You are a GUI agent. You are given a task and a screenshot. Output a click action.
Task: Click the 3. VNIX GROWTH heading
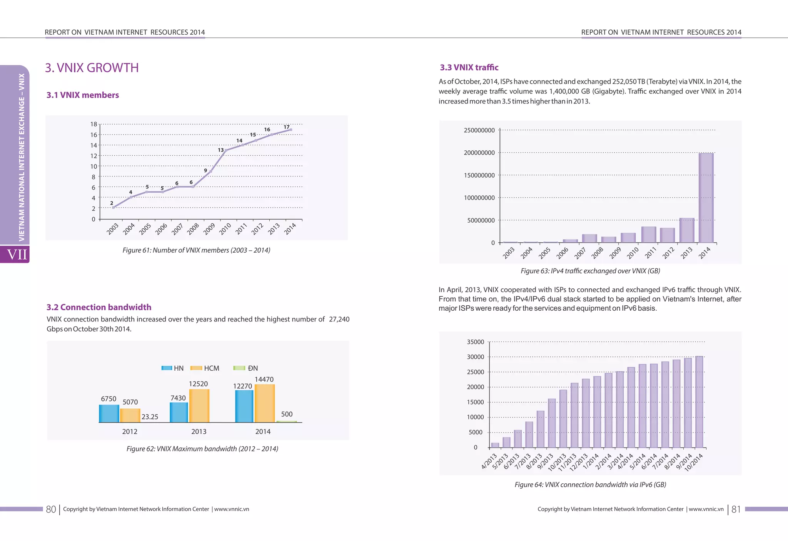[92, 68]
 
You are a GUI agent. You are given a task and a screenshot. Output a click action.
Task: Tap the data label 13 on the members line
[221, 150]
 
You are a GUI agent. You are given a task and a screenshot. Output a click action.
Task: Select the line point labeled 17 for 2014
[290, 130]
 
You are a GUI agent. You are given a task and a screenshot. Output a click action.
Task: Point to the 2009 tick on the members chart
[209, 228]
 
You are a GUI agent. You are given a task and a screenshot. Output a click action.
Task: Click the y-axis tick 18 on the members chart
[93, 124]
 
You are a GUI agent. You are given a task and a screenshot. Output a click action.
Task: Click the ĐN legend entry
[246, 368]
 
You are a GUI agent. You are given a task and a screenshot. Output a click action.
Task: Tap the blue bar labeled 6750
[109, 413]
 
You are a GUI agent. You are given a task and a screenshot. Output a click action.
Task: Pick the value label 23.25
[150, 417]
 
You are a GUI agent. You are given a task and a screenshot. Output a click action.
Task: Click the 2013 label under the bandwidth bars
[199, 431]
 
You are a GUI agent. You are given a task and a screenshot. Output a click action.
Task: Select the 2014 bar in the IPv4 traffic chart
[706, 198]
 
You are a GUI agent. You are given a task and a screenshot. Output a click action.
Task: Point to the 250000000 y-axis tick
[479, 130]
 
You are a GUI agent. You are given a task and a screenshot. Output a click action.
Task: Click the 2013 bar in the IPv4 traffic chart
[687, 230]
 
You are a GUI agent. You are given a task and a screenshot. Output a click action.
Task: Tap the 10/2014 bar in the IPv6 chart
[699, 402]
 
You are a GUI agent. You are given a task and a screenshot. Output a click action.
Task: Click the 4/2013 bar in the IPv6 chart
[495, 445]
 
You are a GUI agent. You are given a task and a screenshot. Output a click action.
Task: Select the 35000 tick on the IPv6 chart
[475, 342]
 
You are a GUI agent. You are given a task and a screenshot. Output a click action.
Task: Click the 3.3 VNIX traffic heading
[469, 68]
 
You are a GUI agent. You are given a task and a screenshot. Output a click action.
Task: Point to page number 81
[736, 509]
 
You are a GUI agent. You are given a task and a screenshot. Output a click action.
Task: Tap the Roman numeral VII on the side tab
[17, 255]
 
